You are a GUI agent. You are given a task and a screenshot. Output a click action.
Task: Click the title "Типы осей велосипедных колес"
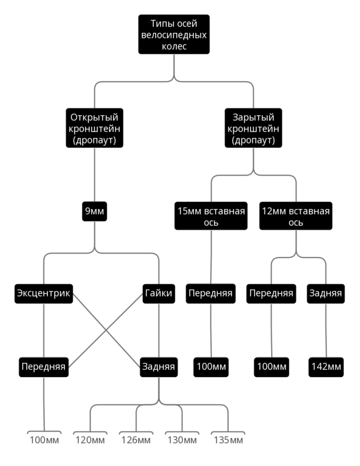[174, 35]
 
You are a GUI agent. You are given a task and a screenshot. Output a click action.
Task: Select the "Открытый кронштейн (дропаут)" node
[94, 128]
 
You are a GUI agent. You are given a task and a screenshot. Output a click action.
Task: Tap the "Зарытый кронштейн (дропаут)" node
[253, 128]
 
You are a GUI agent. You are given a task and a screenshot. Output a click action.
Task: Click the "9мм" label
[94, 211]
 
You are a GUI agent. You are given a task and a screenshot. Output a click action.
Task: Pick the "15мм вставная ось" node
[211, 216]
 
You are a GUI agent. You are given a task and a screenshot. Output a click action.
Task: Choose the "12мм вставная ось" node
[296, 216]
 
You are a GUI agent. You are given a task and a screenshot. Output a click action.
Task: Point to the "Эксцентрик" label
[44, 293]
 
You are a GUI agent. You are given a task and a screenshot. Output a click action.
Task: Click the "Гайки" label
[158, 293]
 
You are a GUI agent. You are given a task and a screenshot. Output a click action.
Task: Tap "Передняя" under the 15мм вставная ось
[211, 293]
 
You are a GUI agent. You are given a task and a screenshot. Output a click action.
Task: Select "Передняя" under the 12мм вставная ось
[271, 293]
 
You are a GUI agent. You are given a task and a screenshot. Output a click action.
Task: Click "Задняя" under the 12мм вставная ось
[326, 293]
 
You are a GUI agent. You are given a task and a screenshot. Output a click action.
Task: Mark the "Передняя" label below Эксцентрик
[44, 366]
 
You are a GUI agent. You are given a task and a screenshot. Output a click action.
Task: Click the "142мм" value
[326, 366]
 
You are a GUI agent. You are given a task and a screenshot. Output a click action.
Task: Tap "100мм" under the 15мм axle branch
[211, 366]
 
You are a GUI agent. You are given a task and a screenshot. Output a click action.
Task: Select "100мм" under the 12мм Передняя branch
[271, 366]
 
